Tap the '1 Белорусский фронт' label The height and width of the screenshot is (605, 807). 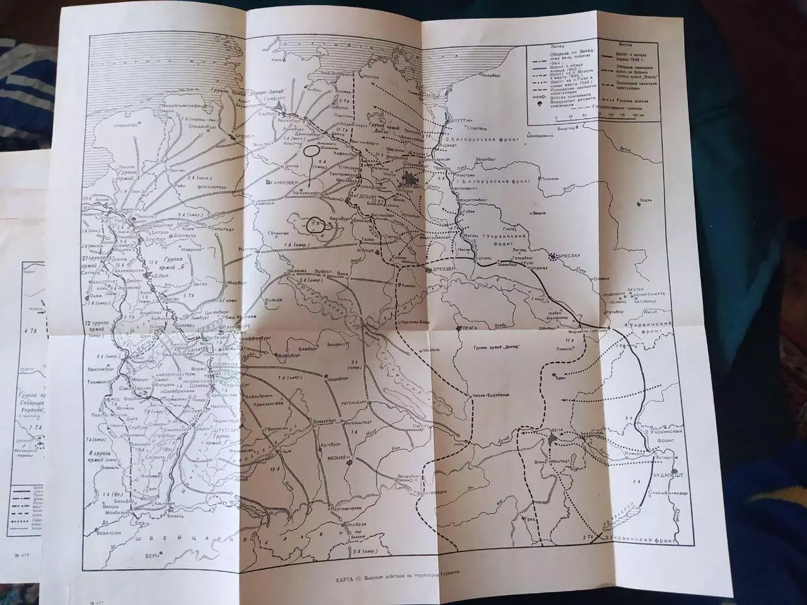[x=492, y=180]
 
